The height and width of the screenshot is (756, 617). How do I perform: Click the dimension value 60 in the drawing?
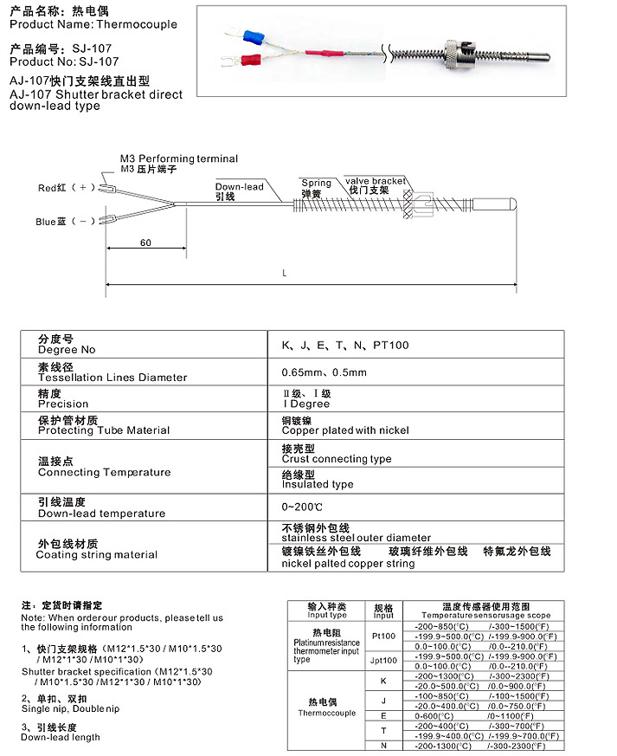pos(145,243)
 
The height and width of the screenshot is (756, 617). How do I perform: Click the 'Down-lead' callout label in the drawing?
pos(240,187)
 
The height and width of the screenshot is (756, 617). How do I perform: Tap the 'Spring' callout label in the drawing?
pos(316,183)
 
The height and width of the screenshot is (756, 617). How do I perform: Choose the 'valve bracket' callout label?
pos(375,182)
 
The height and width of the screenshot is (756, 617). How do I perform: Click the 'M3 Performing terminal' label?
pos(178,159)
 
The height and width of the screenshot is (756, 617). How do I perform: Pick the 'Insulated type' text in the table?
pos(318,485)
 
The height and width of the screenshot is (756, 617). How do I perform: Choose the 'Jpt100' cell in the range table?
pos(383,660)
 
